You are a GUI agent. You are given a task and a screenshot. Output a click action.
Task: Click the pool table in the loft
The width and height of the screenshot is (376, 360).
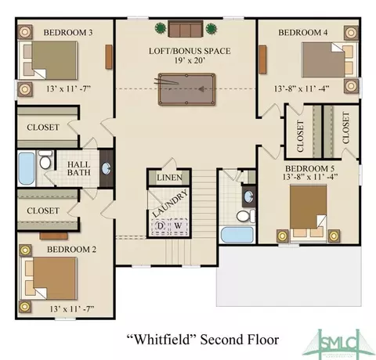[x=186, y=89]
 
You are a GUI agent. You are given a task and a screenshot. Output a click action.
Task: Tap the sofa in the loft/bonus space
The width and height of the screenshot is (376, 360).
[x=186, y=29]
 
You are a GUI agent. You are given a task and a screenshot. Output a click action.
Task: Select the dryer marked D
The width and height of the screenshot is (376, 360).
[x=161, y=226]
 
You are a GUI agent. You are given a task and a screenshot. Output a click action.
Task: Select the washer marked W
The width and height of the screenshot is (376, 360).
[x=179, y=226]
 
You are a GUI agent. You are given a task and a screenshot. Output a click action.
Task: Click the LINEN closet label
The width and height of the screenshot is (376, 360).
[x=169, y=178]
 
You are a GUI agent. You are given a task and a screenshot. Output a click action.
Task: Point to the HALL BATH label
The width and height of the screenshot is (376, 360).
[x=78, y=168]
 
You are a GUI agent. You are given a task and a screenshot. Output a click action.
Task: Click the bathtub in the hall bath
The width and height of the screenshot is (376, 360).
[x=27, y=168]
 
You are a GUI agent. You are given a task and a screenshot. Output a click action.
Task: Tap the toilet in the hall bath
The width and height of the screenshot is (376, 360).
[x=45, y=160]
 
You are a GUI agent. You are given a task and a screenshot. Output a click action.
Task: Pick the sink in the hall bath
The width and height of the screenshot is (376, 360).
[x=106, y=169]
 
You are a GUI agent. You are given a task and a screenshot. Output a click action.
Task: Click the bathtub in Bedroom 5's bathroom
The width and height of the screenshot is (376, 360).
[x=237, y=235]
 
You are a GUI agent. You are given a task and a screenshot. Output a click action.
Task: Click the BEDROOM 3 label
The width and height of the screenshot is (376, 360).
[x=68, y=33]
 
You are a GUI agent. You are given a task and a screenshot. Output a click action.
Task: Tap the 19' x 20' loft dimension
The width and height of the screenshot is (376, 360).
[x=190, y=60]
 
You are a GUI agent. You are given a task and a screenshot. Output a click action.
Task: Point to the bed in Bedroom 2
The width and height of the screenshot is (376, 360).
[x=48, y=279]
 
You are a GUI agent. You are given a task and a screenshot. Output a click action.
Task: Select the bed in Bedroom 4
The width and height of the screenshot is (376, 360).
[x=330, y=60]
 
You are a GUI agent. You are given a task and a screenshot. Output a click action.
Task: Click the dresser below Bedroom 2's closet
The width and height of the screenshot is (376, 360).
[x=54, y=236]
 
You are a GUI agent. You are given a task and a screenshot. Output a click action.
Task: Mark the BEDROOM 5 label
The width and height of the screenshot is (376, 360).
[x=309, y=168]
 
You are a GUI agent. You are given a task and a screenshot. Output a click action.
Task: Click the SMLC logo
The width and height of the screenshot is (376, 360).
[x=338, y=344]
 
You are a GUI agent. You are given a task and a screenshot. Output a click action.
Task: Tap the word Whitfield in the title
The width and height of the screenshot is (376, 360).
[x=161, y=340]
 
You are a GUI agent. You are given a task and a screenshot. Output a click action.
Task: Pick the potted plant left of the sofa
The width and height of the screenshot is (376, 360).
[x=161, y=28]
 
